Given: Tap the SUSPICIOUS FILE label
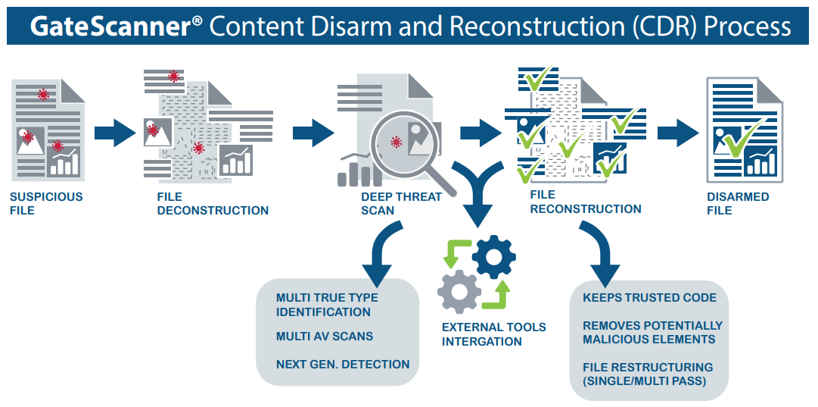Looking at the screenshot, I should (45, 203).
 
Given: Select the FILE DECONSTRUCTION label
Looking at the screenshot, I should (213, 203).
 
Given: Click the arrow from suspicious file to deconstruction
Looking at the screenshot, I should (114, 133).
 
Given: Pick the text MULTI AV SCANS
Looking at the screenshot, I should (324, 336).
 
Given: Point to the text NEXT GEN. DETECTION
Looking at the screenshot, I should (342, 365).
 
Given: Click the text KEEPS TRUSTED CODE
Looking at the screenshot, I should (649, 298).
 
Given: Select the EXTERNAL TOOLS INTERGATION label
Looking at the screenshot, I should (493, 334).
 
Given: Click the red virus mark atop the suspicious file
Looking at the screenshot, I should (43, 95).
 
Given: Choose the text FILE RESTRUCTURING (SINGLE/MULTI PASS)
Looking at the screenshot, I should (647, 374).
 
